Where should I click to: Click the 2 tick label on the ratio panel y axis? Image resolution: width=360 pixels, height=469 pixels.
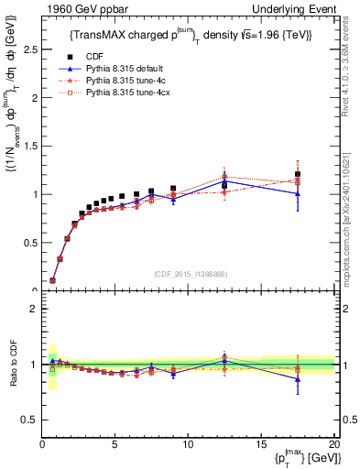[32, 309]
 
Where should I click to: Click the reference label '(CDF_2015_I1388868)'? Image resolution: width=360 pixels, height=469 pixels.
[188, 275]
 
